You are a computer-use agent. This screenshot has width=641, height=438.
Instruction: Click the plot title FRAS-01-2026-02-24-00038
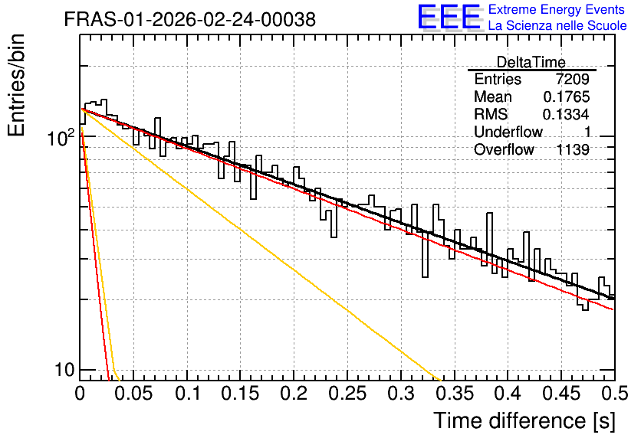190,19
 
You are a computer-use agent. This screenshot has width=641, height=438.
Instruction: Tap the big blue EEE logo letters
449,17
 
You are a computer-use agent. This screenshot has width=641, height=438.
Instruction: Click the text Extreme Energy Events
557,9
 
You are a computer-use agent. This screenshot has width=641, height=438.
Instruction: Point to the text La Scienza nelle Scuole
557,25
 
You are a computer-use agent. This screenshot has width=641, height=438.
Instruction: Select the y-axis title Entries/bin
16,86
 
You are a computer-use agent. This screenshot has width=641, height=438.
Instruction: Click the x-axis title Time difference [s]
524,420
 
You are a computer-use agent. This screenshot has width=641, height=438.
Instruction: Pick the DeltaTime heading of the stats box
531,62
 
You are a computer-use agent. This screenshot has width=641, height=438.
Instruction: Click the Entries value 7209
572,79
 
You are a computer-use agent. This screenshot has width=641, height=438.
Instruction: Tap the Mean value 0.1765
567,96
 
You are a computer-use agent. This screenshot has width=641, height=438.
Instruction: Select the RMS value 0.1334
566,114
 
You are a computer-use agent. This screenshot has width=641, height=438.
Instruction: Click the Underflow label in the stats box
508,132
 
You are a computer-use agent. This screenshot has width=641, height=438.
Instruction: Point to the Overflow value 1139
573,150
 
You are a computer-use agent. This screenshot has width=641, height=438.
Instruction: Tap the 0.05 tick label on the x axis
133,394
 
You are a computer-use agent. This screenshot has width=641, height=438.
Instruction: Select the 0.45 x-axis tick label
561,394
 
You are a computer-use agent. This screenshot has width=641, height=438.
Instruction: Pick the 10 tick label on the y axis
64,370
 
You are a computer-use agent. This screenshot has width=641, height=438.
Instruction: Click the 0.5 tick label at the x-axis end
615,394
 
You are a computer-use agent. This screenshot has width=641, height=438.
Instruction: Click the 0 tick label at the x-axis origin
80,394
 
